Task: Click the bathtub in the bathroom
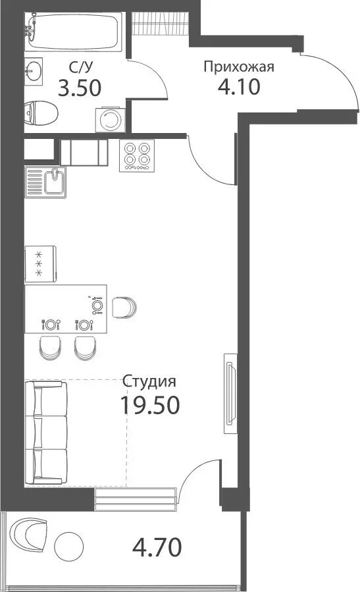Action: [73, 32]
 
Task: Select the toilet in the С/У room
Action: [41, 113]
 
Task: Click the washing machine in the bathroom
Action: [111, 120]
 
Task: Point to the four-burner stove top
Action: [137, 155]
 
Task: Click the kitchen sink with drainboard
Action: [45, 182]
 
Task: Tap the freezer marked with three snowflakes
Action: [40, 264]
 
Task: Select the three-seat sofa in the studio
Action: [46, 433]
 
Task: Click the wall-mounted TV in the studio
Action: [230, 393]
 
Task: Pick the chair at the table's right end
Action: [124, 308]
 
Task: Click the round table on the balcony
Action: [68, 546]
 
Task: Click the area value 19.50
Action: [149, 405]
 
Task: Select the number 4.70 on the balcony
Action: [157, 547]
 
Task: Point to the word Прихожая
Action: [239, 67]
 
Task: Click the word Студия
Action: [149, 382]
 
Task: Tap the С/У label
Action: [80, 68]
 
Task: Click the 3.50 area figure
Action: [80, 88]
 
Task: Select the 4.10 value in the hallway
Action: [239, 87]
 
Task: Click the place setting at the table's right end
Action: [97, 305]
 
